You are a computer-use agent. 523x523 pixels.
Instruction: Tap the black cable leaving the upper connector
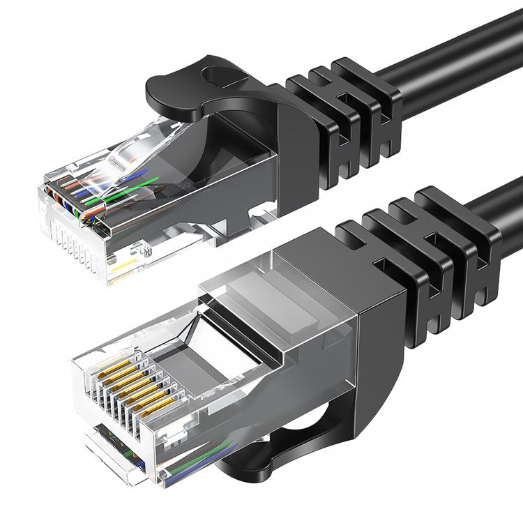[453, 52]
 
